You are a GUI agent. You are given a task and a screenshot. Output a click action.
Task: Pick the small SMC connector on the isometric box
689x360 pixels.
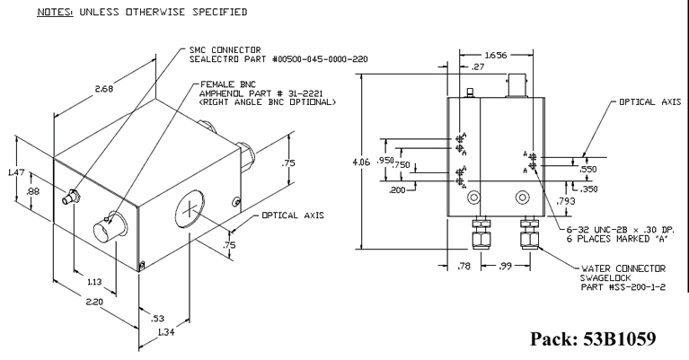click(x=71, y=197)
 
